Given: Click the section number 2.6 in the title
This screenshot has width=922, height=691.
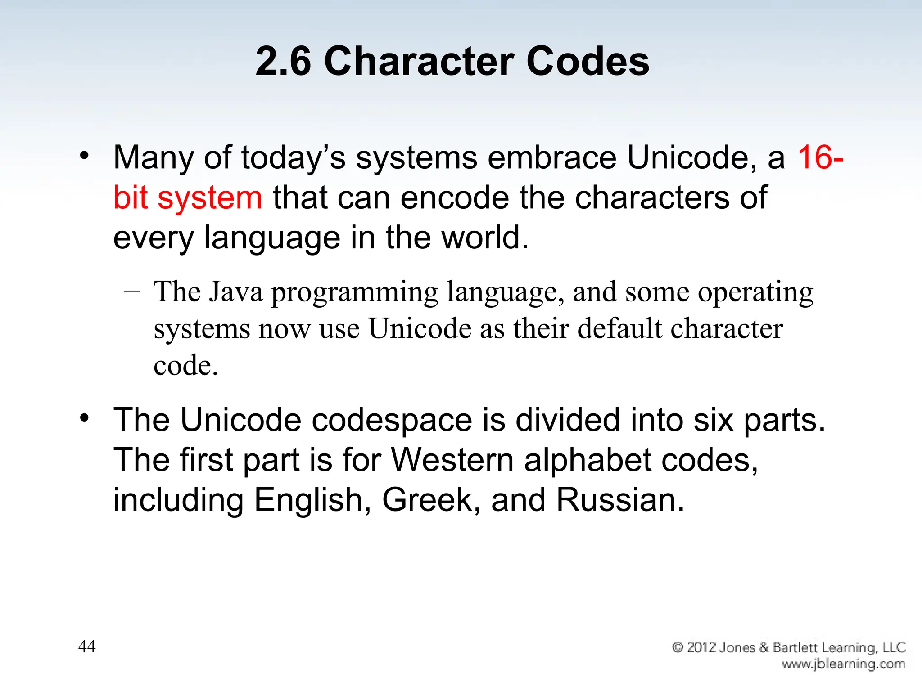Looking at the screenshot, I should [283, 61].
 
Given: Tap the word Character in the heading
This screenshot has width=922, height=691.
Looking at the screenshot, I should [419, 61].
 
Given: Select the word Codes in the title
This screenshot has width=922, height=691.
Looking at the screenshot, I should [588, 61].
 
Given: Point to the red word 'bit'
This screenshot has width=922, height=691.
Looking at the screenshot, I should [130, 197].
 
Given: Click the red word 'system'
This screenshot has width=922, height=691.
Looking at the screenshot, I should [210, 198].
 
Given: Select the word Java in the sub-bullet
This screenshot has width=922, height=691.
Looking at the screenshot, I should [236, 292].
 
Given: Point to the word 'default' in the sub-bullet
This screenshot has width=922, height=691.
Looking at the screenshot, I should [619, 328].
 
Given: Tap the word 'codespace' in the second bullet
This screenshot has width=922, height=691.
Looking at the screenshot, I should [392, 421].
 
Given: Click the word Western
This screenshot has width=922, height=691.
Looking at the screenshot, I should [452, 460].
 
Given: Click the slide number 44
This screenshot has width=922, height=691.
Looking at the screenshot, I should [87, 646].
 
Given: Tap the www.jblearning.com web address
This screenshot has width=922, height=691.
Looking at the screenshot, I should [843, 664].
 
